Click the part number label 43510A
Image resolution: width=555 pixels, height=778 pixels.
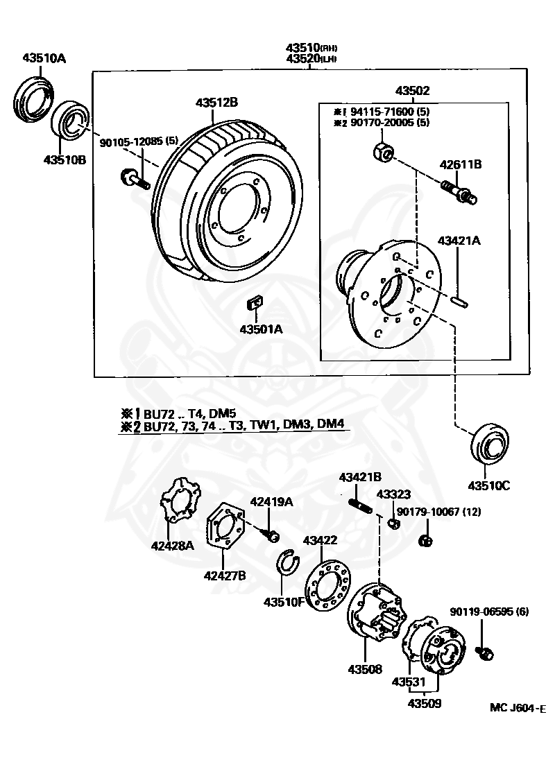pyautogui.click(x=43, y=58)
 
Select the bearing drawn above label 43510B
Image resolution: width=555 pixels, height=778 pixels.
pyautogui.click(x=69, y=125)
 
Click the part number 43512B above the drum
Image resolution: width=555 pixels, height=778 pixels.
pyautogui.click(x=216, y=102)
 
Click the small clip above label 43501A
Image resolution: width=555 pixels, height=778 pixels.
pyautogui.click(x=255, y=303)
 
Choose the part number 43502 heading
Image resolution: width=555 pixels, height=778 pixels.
pyautogui.click(x=413, y=91)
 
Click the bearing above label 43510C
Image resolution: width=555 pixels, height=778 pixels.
pyautogui.click(x=490, y=444)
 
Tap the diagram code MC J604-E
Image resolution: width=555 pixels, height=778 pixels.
pyautogui.click(x=518, y=708)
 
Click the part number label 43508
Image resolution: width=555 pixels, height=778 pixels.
pyautogui.click(x=366, y=670)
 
